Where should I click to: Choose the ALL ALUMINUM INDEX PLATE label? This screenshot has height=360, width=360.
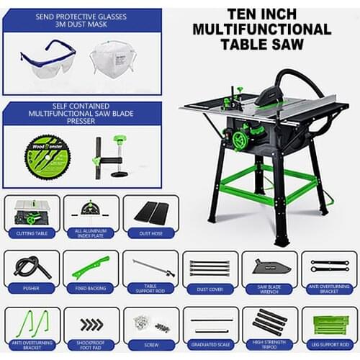click(91, 233)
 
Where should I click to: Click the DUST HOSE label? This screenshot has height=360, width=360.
click(150, 233)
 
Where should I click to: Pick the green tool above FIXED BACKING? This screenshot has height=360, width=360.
click(91, 267)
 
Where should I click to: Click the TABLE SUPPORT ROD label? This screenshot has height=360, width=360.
click(150, 288)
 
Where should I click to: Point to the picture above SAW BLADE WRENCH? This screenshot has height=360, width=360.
click(269, 267)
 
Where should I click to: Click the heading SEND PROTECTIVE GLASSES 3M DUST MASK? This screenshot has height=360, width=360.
click(81, 20)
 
